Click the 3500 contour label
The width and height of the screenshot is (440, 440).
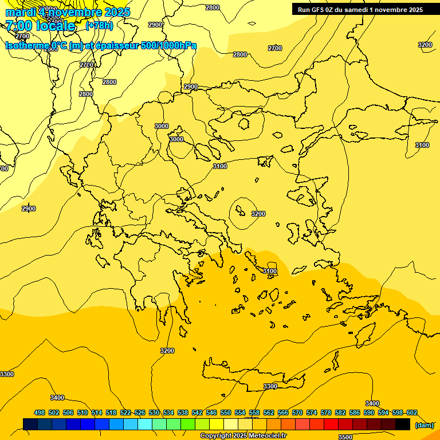point(345,437)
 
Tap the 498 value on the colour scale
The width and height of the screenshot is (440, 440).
point(40,412)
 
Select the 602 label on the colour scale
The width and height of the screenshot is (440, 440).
point(411,412)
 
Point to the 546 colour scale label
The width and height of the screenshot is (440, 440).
point(211,412)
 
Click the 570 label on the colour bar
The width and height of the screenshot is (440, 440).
point(297,412)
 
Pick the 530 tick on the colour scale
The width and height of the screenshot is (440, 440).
point(154,412)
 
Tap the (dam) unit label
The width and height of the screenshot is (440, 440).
point(425,425)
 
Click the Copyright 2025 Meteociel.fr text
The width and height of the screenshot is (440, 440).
point(243,436)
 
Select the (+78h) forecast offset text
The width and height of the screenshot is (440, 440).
point(99,26)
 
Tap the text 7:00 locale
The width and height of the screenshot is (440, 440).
point(40,26)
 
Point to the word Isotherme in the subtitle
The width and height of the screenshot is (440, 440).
point(27,46)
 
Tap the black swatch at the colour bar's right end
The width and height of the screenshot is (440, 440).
point(403,424)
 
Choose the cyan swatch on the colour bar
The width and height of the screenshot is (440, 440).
point(145,424)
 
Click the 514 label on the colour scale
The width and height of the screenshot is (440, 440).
point(97,412)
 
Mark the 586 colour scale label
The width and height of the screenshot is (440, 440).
point(355,412)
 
